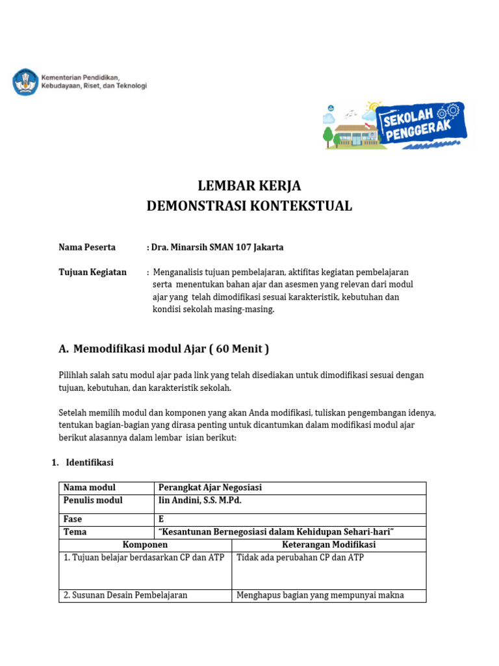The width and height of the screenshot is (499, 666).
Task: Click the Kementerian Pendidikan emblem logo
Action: click(x=25, y=81)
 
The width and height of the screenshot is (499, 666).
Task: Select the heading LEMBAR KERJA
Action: click(x=249, y=185)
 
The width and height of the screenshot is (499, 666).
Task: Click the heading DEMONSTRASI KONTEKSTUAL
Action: click(x=249, y=206)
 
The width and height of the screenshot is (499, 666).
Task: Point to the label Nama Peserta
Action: click(x=87, y=247)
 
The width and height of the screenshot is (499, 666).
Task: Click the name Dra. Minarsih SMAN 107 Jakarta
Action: click(x=217, y=247)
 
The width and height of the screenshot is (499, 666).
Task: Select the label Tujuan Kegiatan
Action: click(x=92, y=272)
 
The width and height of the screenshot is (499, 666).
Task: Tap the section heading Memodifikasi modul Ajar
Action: click(x=171, y=349)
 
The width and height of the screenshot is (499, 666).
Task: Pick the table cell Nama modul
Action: click(x=90, y=488)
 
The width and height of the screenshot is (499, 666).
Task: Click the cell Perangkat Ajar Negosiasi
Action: click(x=210, y=488)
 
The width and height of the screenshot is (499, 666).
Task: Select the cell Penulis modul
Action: click(x=93, y=500)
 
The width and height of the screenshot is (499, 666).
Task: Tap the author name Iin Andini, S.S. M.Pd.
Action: click(x=204, y=500)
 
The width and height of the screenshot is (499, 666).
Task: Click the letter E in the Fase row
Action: click(x=161, y=520)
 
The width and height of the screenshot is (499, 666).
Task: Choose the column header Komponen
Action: click(x=145, y=544)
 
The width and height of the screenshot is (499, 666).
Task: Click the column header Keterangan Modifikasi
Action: click(x=329, y=544)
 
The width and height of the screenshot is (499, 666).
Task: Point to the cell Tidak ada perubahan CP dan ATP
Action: click(x=300, y=557)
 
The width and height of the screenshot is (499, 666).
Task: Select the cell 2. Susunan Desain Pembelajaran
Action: click(x=125, y=595)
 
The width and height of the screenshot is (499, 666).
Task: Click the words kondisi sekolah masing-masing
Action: click(x=214, y=310)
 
